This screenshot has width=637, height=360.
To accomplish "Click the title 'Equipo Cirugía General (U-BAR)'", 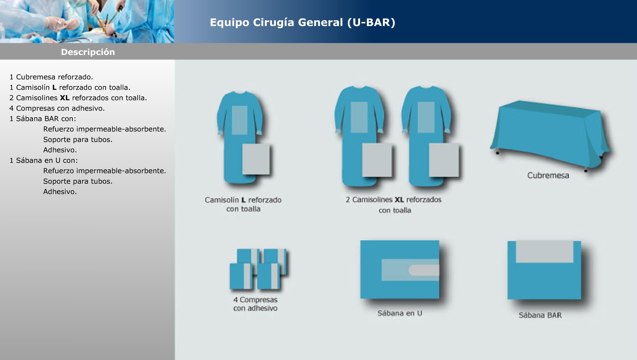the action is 303,23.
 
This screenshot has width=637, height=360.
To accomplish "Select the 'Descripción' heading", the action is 88,52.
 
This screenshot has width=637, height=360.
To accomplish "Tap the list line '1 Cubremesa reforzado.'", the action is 51,77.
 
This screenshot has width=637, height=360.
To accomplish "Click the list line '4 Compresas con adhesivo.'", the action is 57,108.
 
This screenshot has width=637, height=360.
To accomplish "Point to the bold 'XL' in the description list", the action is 64,98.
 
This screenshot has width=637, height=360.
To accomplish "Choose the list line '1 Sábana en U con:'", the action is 44,161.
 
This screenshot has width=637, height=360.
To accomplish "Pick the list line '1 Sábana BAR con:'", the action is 43,119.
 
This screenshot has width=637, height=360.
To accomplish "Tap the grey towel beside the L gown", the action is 256,159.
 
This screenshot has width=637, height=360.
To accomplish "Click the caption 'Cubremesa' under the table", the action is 548,176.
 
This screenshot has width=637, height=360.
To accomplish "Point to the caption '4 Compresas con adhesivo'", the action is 255,304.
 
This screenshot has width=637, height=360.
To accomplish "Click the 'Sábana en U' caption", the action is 400,313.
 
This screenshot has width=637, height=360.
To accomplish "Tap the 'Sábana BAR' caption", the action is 540,315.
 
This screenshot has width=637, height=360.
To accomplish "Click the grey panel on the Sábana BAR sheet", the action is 545,252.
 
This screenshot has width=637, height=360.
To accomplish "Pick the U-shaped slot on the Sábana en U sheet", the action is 423,270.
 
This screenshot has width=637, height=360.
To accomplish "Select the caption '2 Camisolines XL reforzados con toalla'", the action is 394,205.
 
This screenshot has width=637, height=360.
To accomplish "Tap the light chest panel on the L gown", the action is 239,120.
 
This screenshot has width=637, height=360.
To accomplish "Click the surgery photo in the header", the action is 87,21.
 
